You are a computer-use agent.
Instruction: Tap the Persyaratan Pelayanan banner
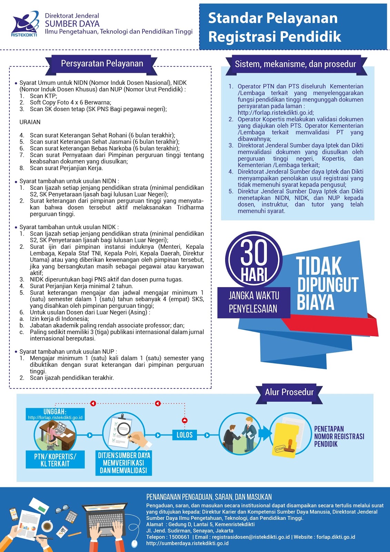click(x=102, y=64)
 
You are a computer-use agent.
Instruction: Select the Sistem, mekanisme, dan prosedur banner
click(x=295, y=64)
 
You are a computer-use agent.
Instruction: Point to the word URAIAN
click(x=30, y=122)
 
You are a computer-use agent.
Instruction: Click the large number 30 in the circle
click(x=254, y=253)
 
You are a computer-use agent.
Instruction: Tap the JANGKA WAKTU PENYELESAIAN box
click(x=253, y=302)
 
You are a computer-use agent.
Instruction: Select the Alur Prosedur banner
click(x=289, y=392)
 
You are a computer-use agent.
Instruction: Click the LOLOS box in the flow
click(x=184, y=435)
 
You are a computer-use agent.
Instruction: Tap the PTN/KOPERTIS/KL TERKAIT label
click(x=55, y=460)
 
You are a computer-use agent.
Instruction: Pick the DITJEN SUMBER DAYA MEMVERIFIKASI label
click(x=124, y=463)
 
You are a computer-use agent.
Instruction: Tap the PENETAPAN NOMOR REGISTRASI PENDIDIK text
click(x=339, y=436)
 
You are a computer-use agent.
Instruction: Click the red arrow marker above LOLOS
click(x=184, y=420)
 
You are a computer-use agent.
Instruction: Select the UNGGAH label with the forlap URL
click(x=55, y=414)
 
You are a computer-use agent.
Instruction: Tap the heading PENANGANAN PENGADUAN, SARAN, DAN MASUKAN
click(x=209, y=497)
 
